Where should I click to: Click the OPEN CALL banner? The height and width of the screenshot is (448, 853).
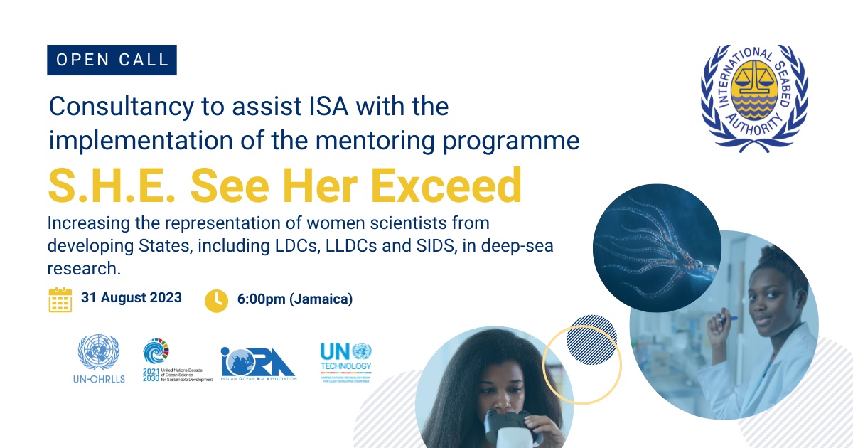pos(112,60)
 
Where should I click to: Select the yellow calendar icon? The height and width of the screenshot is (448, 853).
pos(60,299)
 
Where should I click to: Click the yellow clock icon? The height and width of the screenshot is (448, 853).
pos(216,300)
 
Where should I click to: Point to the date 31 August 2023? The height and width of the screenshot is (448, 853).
pos(132,297)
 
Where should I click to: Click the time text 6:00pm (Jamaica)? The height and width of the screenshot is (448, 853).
pos(294,299)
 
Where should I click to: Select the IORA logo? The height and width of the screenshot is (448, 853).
pos(258,364)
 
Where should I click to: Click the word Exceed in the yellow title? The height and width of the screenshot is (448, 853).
pos(447,186)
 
